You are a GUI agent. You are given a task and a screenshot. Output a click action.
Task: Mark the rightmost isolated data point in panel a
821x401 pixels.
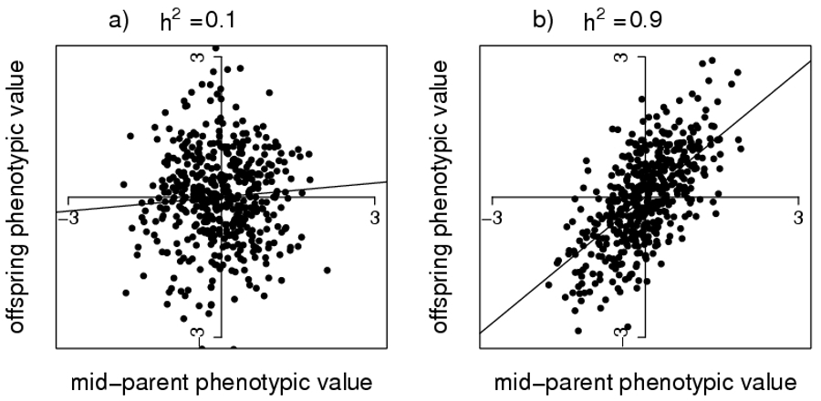(327, 270)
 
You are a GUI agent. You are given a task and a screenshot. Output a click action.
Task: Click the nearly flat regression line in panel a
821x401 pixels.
(347, 186)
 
